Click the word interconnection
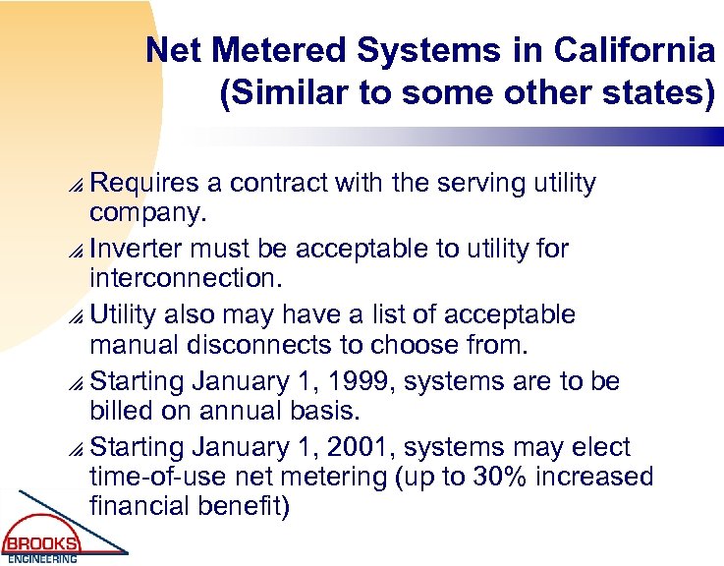pos(185,278)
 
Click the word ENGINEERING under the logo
pos(40,559)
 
